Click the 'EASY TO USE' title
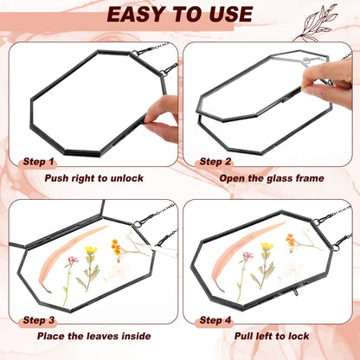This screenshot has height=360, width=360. click(180, 14)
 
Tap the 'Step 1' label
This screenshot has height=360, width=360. click(39, 162)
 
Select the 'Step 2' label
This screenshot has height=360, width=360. click(215, 162)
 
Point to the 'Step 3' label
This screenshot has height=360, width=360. click(39, 320)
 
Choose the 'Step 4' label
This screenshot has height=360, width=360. click(215, 320)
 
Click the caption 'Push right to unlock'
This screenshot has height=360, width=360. click(94, 178)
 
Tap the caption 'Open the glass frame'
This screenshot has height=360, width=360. click(272, 178)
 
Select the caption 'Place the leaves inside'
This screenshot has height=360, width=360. click(94, 336)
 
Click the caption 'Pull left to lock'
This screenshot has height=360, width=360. click(272, 336)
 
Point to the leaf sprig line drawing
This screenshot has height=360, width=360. click(316, 23)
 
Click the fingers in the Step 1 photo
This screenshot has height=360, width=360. click(162, 119)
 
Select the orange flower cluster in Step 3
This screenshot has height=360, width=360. click(116, 247)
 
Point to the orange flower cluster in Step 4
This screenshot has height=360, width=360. click(291, 240)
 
